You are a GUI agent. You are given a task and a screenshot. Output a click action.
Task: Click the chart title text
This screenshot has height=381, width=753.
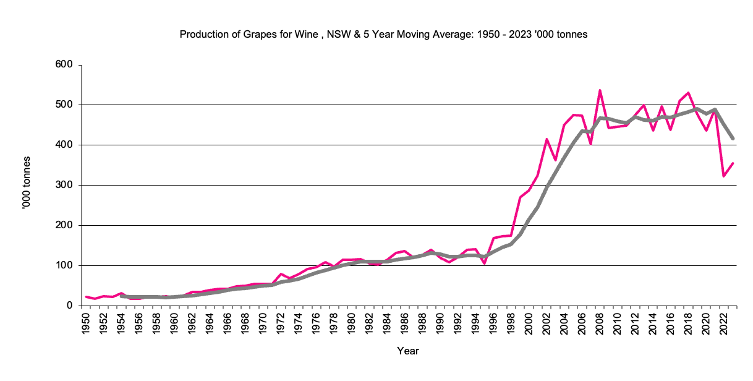pos(383,35)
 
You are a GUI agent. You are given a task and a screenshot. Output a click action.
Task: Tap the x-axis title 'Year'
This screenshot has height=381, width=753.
pos(408,351)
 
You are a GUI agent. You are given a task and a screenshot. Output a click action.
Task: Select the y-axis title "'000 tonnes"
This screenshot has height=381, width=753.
pos(26,185)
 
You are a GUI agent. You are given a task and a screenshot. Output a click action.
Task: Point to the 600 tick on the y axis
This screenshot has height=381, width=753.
pos(64,65)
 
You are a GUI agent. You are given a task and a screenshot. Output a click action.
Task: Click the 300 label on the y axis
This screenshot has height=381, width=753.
pos(64,185)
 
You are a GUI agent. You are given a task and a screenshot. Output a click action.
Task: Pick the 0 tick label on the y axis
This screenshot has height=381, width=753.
pos(70,306)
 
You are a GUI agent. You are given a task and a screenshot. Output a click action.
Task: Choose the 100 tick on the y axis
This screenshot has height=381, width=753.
pos(64,265)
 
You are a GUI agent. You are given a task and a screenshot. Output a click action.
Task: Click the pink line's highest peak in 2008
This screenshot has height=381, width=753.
pos(600,90)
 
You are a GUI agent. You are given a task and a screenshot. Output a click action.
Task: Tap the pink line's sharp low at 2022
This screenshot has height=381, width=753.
pos(723,176)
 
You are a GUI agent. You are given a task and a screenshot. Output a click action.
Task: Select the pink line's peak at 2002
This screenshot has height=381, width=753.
pos(547,139)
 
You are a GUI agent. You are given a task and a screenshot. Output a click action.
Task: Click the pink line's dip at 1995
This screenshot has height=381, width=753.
pos(485,263)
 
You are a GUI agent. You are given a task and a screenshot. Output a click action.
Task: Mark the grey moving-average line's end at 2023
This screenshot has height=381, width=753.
pos(733,139)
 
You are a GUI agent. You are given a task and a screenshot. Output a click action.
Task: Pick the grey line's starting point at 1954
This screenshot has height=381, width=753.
pos(122,296)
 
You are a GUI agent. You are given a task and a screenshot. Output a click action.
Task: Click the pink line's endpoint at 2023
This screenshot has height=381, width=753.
pos(733,163)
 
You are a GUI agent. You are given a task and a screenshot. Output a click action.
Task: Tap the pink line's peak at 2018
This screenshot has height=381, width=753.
pos(688,93)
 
